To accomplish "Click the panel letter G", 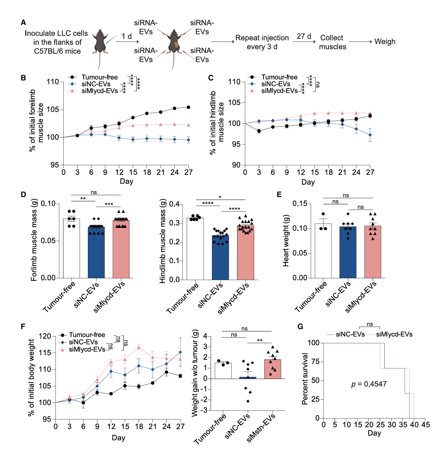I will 300,327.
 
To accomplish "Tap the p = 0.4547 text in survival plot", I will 369,384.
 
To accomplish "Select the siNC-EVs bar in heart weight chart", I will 348,252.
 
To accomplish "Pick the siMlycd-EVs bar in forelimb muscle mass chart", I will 121,249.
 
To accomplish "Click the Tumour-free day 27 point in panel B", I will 188,107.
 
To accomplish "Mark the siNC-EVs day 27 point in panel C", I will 370,135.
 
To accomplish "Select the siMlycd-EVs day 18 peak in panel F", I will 139,347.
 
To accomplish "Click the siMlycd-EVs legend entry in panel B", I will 99,91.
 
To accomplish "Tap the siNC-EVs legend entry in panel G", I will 350,334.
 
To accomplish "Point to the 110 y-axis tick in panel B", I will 53,82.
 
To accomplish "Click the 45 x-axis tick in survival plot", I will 425,425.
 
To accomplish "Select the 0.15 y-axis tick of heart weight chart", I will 299,204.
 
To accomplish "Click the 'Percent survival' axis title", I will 305,379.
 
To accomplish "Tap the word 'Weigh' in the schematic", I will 385,41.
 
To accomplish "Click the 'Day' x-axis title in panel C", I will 308,182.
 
